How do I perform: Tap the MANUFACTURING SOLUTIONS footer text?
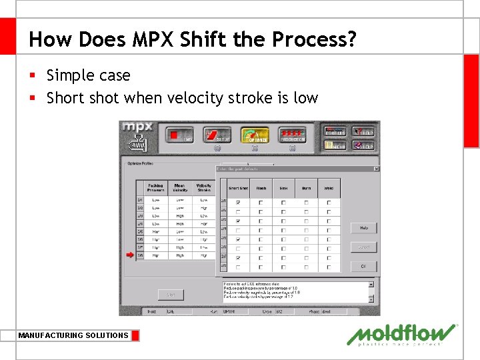click(x=73, y=335)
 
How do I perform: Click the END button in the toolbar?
click(x=180, y=135)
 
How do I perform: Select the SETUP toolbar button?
click(x=217, y=135)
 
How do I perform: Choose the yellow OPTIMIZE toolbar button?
click(x=255, y=135)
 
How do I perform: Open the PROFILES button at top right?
click(x=334, y=132)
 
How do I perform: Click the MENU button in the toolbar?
click(x=334, y=145)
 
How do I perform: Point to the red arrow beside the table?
click(x=130, y=255)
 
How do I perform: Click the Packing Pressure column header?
click(x=155, y=188)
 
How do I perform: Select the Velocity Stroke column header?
click(x=203, y=188)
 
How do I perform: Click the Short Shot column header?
click(x=239, y=188)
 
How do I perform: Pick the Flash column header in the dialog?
click(x=261, y=188)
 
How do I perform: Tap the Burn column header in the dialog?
click(x=306, y=188)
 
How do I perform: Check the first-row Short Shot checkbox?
click(x=239, y=202)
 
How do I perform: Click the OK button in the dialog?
click(x=364, y=266)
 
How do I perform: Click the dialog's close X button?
click(x=376, y=169)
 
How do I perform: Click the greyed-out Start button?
click(x=171, y=294)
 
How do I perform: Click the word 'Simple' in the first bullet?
click(x=70, y=75)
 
